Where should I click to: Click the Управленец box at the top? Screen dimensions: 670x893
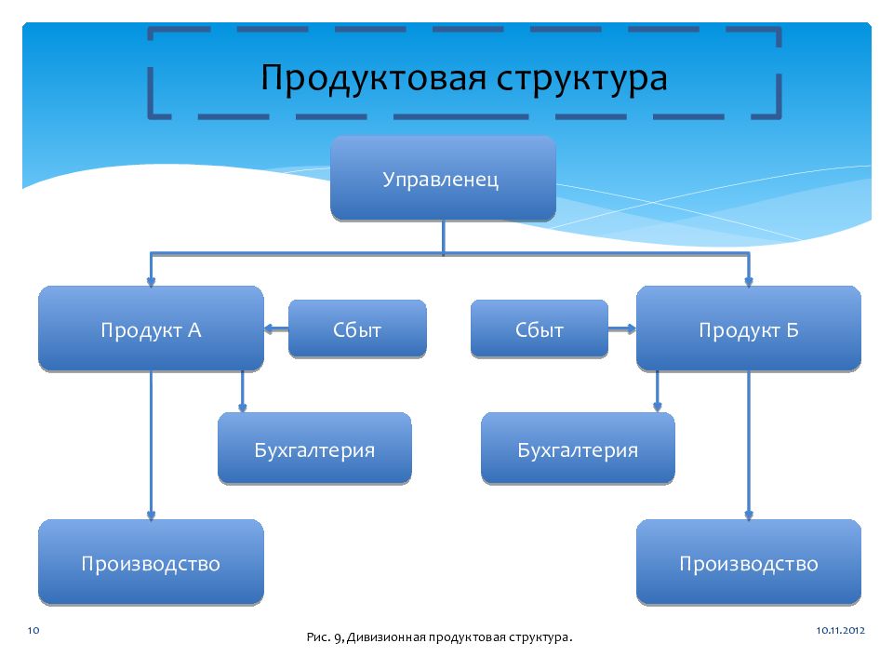443,179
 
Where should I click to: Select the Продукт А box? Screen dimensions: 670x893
151,329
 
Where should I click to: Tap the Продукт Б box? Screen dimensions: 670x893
748,329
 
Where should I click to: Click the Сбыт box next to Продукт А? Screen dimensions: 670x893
357,329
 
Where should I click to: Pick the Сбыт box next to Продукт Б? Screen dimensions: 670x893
539,329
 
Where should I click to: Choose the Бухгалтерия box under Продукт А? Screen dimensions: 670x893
314,449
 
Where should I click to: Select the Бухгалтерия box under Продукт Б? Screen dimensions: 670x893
578,449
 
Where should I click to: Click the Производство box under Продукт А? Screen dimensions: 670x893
151,563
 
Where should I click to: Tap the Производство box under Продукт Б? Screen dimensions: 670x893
748,563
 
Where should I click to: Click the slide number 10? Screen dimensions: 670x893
33,631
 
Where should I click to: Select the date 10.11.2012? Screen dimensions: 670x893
841,631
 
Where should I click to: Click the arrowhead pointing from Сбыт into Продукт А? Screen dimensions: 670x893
269,328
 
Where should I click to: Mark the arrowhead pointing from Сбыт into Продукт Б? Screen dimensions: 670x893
631,328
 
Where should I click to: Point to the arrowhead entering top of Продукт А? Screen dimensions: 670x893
151,281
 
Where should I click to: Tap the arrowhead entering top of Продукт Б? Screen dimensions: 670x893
748,281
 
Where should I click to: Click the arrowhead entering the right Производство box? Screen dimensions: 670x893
748,516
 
